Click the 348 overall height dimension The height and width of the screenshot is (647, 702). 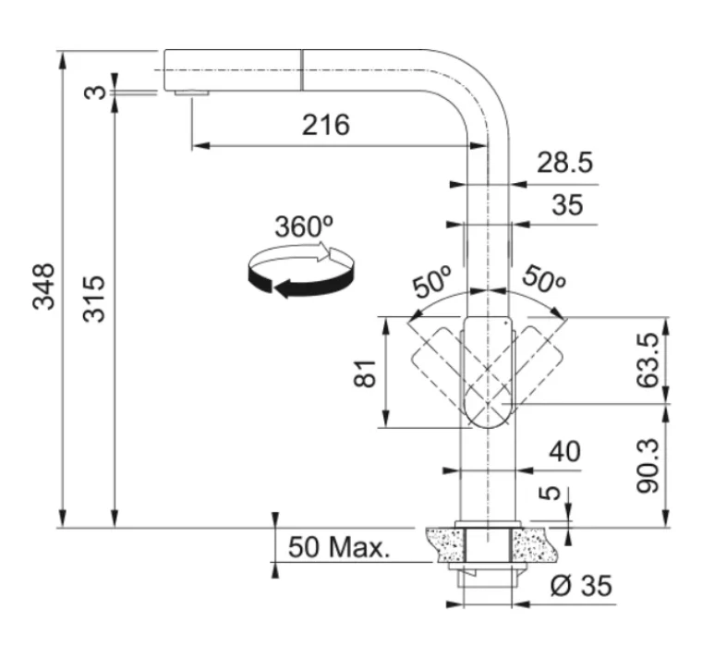click(43, 287)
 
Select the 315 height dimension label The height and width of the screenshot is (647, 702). click(93, 299)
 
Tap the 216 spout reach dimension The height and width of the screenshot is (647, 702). click(325, 125)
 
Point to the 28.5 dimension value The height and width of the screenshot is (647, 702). click(564, 162)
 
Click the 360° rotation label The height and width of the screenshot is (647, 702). click(304, 226)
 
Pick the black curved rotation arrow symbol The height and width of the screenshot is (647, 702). click(301, 270)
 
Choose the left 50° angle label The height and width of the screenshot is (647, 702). click(432, 281)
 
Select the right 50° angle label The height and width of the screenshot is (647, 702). click(543, 279)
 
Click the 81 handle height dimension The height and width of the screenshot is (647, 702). click(365, 373)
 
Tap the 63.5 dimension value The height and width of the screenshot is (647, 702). click(648, 360)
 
